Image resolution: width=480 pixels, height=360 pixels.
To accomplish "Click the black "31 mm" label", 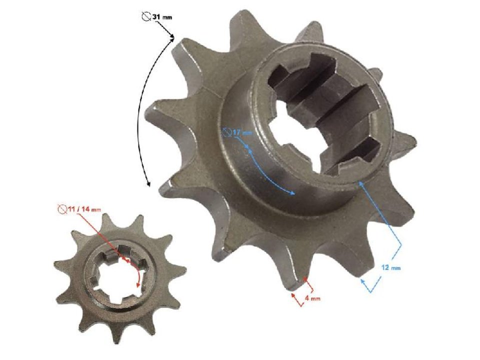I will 161,17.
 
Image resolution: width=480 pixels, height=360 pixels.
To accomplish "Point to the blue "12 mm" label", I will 391,268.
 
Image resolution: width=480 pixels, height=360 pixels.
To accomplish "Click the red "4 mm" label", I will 313,298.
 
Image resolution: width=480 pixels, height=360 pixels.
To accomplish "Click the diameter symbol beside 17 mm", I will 227,132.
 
